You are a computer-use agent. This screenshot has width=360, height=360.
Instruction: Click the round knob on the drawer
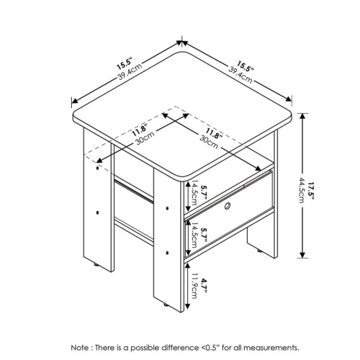tap(228, 208)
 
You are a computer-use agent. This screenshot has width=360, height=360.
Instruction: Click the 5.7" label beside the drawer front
tap(204, 192)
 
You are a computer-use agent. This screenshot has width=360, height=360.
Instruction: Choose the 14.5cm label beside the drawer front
tap(193, 192)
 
